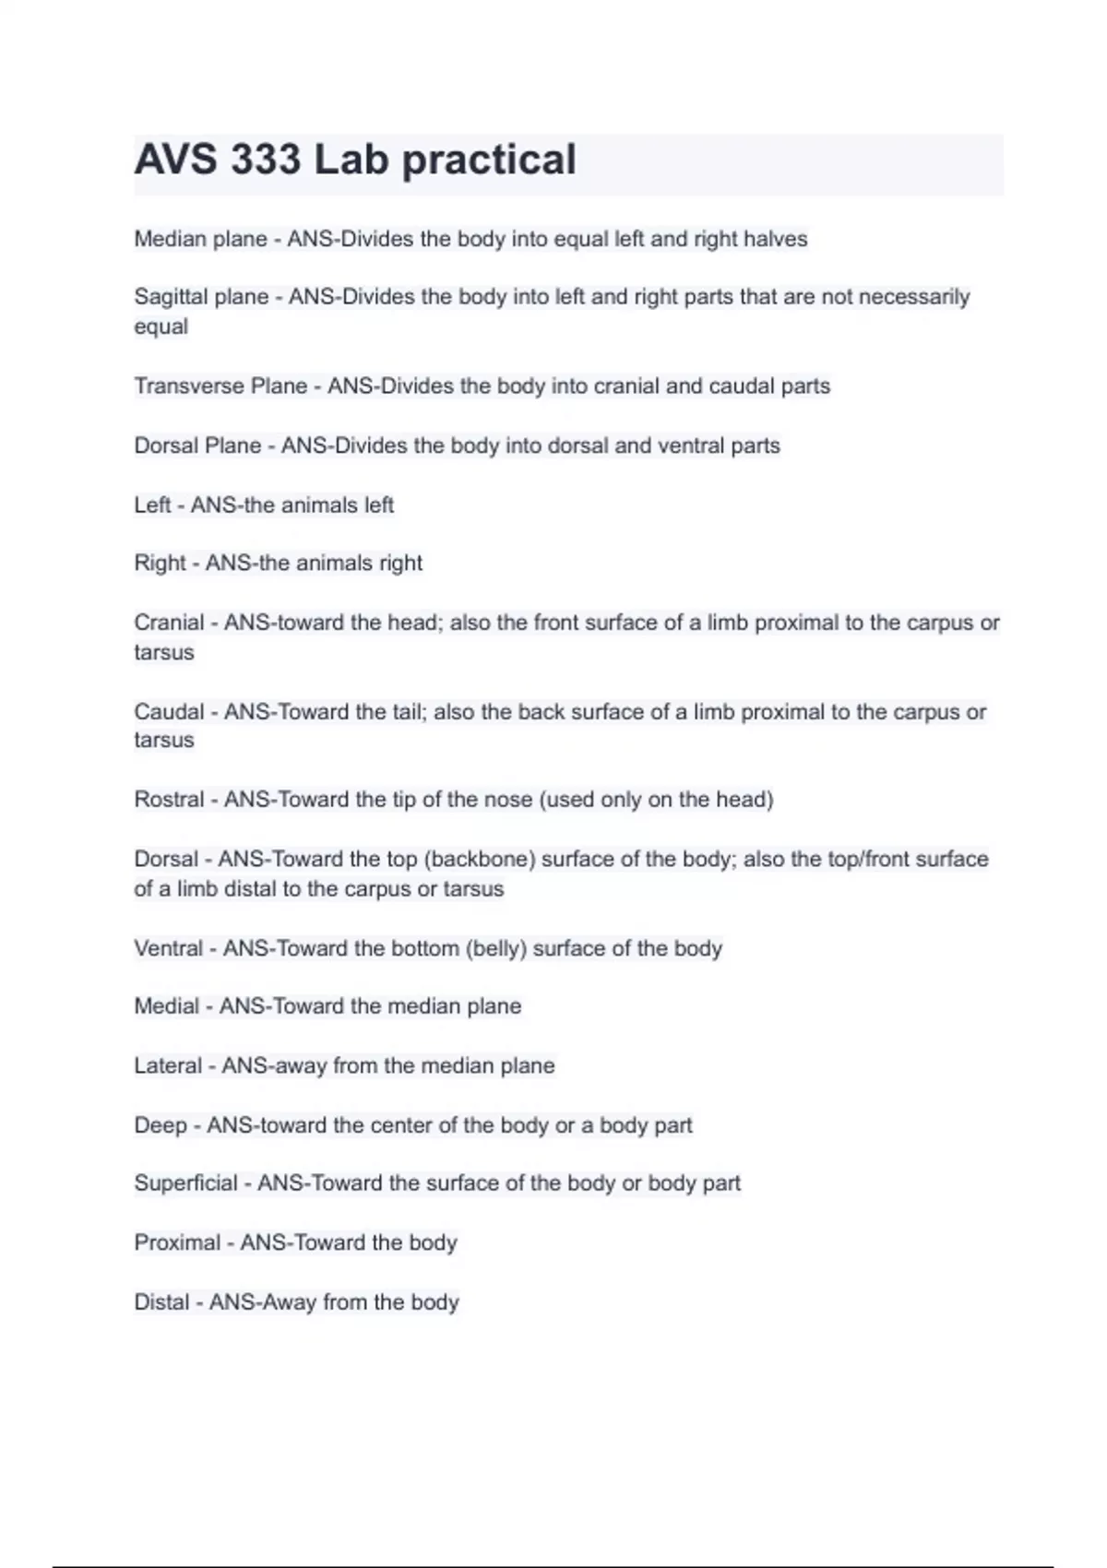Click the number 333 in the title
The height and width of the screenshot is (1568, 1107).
coord(266,160)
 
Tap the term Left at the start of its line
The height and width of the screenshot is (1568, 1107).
coord(152,505)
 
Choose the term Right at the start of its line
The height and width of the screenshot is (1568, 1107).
coord(160,563)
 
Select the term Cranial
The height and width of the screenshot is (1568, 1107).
coord(169,623)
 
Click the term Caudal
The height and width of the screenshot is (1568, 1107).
coord(169,712)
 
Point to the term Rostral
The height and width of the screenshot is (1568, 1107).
coord(169,800)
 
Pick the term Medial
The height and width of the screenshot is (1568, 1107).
coord(166,1006)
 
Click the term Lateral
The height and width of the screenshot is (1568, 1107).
coord(168,1066)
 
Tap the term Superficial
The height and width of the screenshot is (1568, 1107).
coord(185,1183)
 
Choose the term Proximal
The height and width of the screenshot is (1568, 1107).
coord(177,1242)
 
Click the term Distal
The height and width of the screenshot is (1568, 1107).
coord(161,1302)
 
